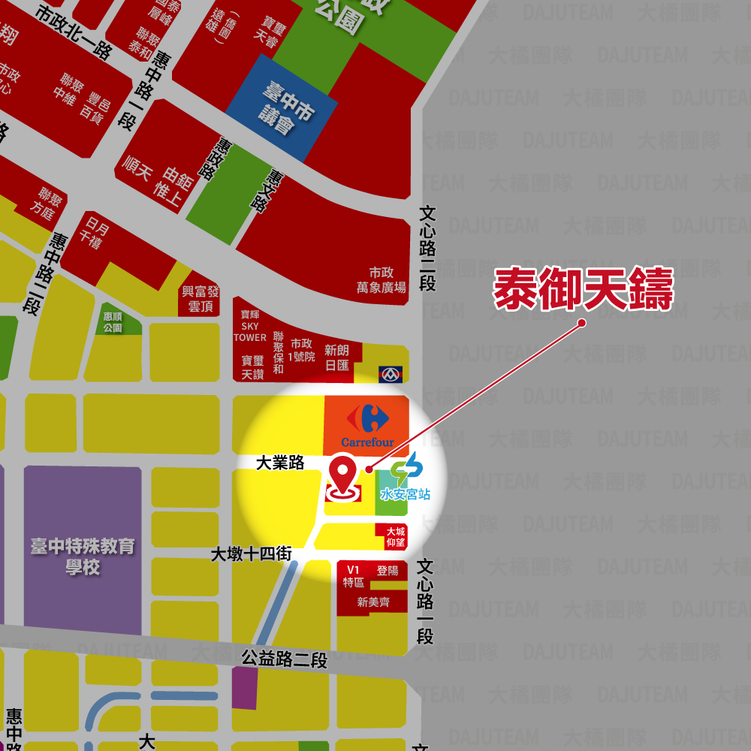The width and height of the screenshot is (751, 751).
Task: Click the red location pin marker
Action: pos(343,477)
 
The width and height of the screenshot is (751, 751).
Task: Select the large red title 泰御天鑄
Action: pos(583,290)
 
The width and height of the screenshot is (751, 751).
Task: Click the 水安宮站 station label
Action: pos(406,494)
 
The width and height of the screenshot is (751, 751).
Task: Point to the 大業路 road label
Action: pos(280,463)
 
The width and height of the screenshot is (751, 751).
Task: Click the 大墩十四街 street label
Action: pos(251,554)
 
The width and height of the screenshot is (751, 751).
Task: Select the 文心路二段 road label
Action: pos(427,249)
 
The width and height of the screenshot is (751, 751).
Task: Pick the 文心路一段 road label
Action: pos(425,601)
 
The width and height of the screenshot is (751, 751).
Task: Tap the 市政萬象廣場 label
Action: pos(382,280)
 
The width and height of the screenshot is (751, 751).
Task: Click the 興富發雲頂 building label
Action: pos(201,299)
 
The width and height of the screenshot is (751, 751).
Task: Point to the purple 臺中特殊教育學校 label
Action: pos(83,556)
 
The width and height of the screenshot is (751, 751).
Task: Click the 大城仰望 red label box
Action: pos(395,536)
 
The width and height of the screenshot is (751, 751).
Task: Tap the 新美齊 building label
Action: pos(373,602)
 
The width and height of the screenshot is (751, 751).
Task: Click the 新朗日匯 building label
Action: pos(337,357)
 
